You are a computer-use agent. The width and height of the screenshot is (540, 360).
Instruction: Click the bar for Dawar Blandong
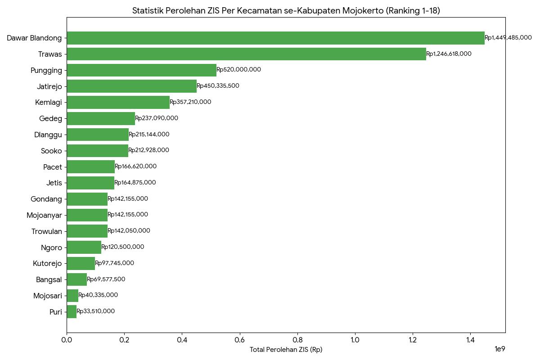(275, 38)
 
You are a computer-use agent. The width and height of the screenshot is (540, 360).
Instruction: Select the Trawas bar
(246, 54)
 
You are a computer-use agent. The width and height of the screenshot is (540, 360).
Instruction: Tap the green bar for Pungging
(141, 70)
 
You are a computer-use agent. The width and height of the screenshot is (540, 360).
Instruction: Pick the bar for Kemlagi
(118, 102)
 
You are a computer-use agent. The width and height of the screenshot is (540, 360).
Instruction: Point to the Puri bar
(72, 311)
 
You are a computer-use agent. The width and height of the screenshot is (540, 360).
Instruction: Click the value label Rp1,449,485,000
(508, 38)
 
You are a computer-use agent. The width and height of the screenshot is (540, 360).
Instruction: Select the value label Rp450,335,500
(218, 86)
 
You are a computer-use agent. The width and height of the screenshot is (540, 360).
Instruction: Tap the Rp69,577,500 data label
(106, 279)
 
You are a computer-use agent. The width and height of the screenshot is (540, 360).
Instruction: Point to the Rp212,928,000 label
(148, 150)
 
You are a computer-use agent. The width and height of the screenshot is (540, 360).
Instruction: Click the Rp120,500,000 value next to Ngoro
(122, 247)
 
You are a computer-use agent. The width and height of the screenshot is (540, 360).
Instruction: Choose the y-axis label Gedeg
(51, 118)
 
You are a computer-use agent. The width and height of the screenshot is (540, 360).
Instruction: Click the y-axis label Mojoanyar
(44, 215)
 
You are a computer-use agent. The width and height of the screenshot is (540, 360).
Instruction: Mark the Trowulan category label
(47, 231)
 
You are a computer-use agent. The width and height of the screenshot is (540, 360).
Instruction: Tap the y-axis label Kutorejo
(47, 263)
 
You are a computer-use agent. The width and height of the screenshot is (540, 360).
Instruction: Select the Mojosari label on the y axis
(47, 296)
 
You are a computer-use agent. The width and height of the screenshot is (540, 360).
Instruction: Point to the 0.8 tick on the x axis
(297, 340)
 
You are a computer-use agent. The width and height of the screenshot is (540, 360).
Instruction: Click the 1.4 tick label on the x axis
(470, 340)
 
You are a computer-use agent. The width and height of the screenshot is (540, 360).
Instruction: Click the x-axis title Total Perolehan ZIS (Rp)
(286, 350)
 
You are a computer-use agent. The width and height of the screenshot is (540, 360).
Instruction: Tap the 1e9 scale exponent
(500, 349)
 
